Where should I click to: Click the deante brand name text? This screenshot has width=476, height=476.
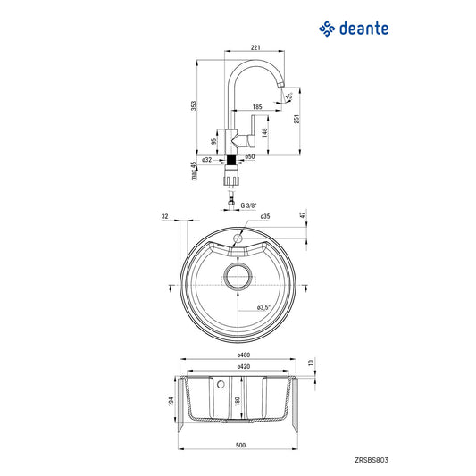point(363,29)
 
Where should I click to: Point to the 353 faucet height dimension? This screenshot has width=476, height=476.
point(196,105)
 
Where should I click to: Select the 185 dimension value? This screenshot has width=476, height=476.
point(256,107)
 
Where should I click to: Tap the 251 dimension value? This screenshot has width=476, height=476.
point(296,118)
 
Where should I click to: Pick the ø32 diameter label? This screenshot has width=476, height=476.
point(206,159)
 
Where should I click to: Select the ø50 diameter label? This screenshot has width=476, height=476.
point(250,157)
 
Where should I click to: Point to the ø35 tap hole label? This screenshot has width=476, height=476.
point(265,217)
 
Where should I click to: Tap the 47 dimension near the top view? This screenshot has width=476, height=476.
point(303,216)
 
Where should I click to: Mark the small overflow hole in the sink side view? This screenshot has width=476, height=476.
point(221,384)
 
